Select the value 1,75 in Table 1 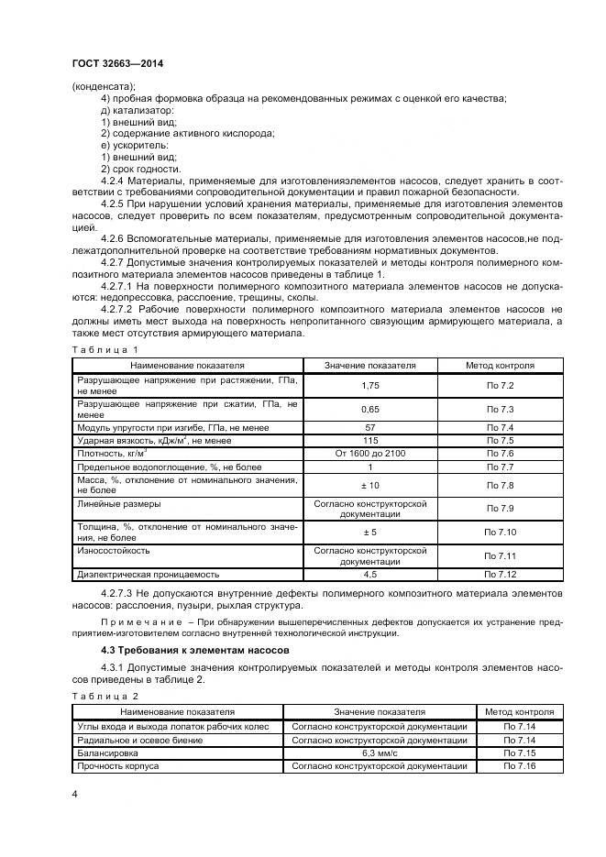click(370, 387)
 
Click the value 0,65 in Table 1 click(370, 409)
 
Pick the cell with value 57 click(370, 427)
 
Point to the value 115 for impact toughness click(370, 440)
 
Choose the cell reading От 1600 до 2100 click(370, 453)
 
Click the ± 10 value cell click(370, 484)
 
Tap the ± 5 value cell click(370, 532)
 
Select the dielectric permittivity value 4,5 click(370, 574)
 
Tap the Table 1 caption click(105, 349)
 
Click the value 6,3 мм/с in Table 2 click(380, 752)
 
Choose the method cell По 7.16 click(519, 764)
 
